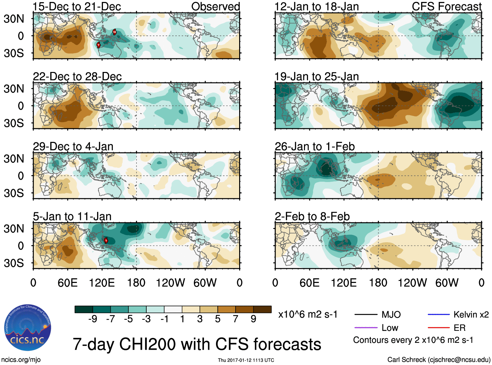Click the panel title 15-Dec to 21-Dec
(x=77, y=7)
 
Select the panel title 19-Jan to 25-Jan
(x=316, y=77)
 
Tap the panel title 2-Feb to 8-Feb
(x=312, y=217)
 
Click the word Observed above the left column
(x=215, y=7)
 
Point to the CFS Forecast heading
(x=446, y=7)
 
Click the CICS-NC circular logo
(x=28, y=328)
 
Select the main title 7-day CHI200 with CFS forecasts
(x=197, y=344)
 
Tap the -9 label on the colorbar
(x=93, y=319)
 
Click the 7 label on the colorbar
(x=236, y=319)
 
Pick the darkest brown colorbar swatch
(x=262, y=309)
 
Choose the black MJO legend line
(x=366, y=315)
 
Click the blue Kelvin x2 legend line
(x=439, y=315)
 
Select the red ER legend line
(x=439, y=328)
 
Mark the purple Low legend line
(x=366, y=328)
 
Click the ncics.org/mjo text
(x=21, y=359)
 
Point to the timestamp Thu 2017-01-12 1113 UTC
(x=246, y=360)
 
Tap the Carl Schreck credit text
(x=439, y=359)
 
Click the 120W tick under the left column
(x=170, y=283)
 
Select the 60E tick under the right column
(x=309, y=283)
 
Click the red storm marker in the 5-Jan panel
(x=106, y=241)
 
